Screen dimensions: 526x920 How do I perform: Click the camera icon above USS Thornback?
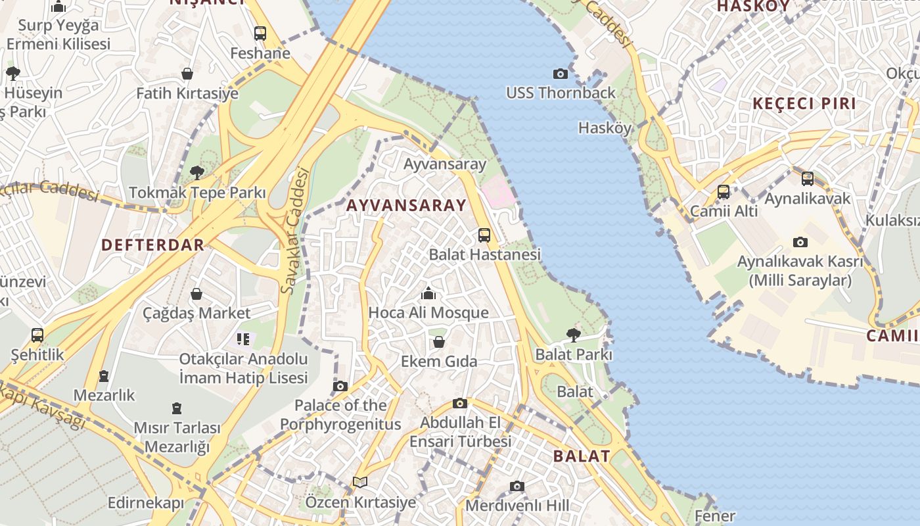[x=560, y=74]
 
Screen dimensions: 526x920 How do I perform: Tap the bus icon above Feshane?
[x=260, y=33]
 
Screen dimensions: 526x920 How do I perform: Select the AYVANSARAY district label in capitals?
[x=405, y=205]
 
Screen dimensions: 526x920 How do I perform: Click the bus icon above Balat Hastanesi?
[x=484, y=235]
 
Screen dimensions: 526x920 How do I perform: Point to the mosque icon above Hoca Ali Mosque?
[x=428, y=293]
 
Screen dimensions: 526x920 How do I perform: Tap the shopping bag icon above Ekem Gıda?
[x=438, y=342]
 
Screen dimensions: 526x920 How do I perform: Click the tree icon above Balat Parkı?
[x=573, y=335]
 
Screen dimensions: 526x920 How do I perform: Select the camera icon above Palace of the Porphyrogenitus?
[x=340, y=386]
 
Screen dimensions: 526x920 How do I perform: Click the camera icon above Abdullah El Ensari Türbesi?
[x=460, y=403]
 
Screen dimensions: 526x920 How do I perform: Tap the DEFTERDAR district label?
[x=152, y=245]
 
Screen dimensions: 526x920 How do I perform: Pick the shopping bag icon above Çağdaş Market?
[x=196, y=294]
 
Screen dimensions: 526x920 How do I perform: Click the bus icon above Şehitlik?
[x=37, y=335]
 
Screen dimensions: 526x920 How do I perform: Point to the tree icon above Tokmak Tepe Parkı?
[x=196, y=173]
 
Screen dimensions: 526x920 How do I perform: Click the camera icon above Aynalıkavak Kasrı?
[x=800, y=242]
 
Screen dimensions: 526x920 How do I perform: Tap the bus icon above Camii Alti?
[x=724, y=192]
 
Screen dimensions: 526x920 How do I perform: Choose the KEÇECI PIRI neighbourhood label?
[x=804, y=103]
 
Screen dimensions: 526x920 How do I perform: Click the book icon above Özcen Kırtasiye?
[x=359, y=482]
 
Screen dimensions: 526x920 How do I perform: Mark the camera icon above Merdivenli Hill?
[x=517, y=487]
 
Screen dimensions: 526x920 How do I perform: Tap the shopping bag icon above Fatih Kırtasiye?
[x=187, y=74]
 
